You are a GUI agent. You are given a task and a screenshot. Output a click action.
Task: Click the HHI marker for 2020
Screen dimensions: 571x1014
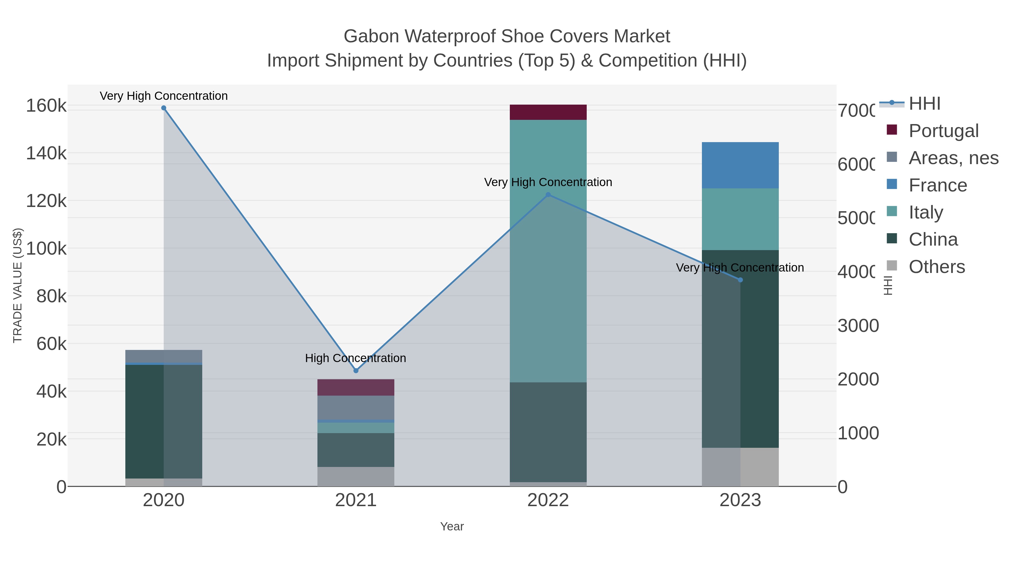tap(164, 108)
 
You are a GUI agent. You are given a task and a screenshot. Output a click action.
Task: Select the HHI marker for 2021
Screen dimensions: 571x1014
tap(356, 371)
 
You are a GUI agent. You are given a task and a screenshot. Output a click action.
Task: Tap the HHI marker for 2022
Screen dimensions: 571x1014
tap(548, 195)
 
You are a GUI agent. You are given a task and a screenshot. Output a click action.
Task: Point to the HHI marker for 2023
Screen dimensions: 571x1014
tap(740, 280)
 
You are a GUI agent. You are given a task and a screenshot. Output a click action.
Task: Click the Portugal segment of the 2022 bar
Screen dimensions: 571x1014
tap(548, 112)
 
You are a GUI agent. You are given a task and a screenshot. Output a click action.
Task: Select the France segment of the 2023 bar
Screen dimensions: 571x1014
tap(740, 165)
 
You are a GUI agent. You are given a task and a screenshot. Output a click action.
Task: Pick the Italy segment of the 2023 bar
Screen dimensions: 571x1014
tap(740, 219)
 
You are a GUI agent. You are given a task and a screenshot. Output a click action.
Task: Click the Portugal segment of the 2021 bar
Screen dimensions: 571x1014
tap(356, 387)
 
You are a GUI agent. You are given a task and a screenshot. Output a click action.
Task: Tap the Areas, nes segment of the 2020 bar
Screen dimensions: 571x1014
tap(164, 356)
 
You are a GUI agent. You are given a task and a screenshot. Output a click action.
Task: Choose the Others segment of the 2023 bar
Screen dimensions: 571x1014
tap(740, 467)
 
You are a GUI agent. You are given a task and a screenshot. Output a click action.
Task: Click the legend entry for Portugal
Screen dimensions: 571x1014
tap(943, 131)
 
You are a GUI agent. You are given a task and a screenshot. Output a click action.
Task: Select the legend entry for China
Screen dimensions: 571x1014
tap(933, 240)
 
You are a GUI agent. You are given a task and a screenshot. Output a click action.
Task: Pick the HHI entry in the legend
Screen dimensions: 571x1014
tap(924, 104)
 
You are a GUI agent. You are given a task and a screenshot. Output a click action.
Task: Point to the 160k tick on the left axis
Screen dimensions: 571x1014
tap(46, 106)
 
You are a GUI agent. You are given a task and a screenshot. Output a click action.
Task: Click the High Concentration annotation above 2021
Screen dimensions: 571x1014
tap(355, 358)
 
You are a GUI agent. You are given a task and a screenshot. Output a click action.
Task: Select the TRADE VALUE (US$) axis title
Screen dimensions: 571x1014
tap(18, 285)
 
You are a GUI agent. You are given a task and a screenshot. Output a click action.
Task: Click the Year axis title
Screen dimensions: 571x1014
tap(452, 526)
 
